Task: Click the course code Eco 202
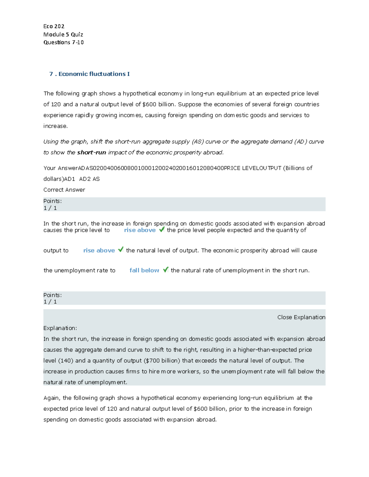[54, 26]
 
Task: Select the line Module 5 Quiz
[63, 34]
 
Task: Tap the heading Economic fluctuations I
[94, 74]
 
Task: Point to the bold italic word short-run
[91, 153]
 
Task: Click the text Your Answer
[60, 168]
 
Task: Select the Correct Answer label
[64, 190]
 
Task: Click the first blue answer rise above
[140, 230]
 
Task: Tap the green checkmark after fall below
[166, 270]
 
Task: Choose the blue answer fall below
[144, 271]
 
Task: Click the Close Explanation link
[301, 317]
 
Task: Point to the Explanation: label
[60, 328]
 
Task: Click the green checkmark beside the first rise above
[162, 229]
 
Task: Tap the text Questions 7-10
[63, 42]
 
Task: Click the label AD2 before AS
[85, 179]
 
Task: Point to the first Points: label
[52, 201]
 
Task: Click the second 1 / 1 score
[50, 302]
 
